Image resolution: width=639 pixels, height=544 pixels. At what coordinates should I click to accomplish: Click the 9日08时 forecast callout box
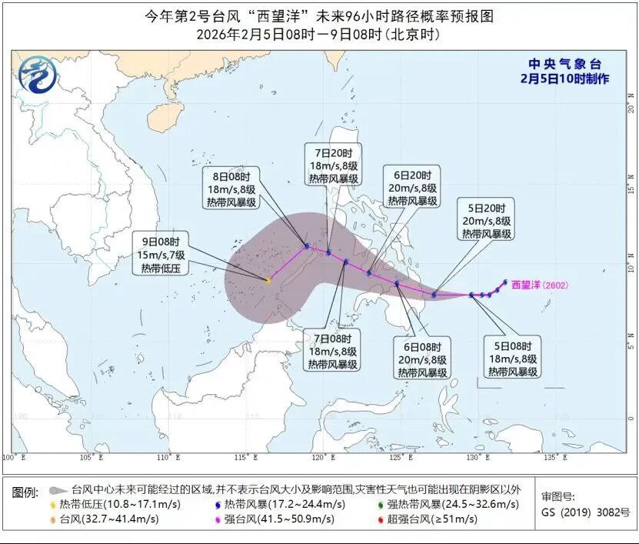tap(161, 253)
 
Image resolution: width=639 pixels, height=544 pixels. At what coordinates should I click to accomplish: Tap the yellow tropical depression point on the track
tap(268, 281)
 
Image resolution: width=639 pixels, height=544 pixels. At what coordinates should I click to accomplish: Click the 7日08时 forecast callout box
tap(335, 350)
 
